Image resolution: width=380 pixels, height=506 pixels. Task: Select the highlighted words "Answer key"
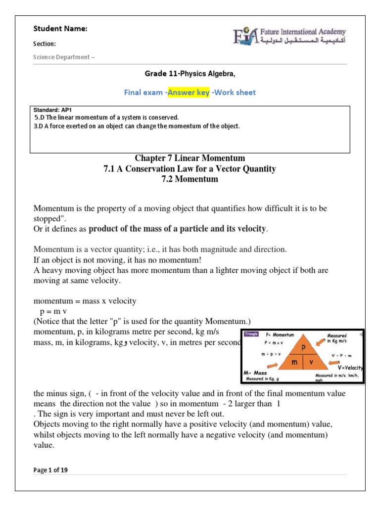(x=188, y=92)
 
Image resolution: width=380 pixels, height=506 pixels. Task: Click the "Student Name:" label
(x=60, y=29)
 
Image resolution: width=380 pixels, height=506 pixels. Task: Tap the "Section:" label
(x=44, y=43)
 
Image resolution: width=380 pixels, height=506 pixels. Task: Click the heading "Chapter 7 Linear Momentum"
(x=190, y=158)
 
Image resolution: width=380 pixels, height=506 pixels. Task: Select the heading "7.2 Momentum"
(x=190, y=179)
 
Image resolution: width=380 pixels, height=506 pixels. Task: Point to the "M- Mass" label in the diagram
(x=256, y=373)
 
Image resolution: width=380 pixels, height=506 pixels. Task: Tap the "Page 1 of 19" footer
(x=50, y=470)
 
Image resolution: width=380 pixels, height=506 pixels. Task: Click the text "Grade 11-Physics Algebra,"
(x=190, y=74)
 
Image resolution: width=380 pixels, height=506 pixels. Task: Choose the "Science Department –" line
(x=64, y=57)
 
